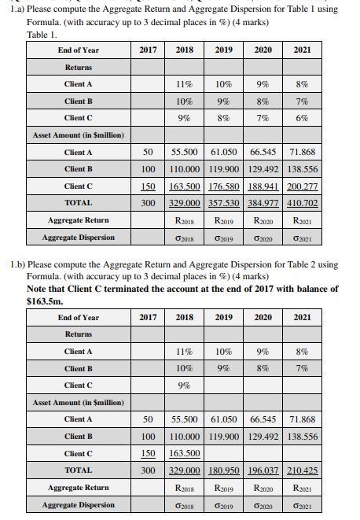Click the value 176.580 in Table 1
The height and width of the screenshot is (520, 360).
[224, 186]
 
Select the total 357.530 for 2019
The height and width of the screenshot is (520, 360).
[224, 203]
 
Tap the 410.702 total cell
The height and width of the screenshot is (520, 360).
[303, 203]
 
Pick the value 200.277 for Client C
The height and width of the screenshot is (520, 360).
[303, 186]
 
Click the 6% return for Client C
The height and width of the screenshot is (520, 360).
[303, 118]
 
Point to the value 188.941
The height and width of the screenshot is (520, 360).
[263, 186]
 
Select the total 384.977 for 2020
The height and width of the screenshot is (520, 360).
[263, 203]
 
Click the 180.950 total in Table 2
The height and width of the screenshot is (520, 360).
[224, 470]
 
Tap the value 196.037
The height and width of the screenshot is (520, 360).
[263, 470]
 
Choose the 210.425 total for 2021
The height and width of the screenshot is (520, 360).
[303, 470]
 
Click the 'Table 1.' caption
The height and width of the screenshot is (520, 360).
[42, 35]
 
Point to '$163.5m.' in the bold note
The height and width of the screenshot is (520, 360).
[45, 301]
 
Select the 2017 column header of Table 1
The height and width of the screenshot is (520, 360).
[147, 50]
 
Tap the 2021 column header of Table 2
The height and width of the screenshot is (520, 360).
[303, 318]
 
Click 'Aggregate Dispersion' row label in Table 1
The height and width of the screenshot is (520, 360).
[78, 238]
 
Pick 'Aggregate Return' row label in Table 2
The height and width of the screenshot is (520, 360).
[78, 488]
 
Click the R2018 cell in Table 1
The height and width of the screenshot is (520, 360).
[185, 221]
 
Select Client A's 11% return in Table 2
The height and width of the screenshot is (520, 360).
[185, 352]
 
